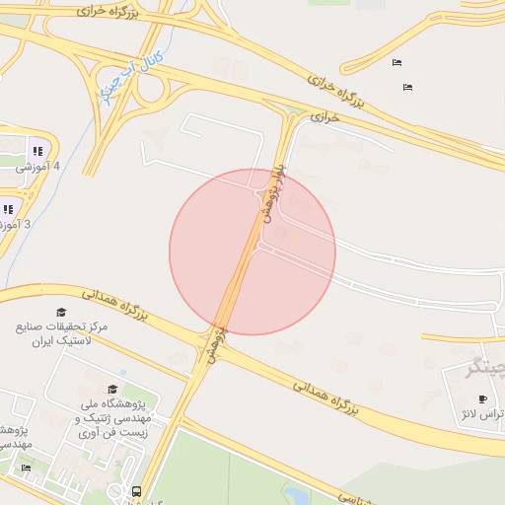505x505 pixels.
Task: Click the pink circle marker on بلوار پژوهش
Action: (252, 252)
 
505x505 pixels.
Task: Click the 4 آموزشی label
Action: (37, 167)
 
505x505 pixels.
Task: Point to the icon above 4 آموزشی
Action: (36, 151)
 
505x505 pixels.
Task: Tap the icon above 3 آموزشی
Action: (8, 208)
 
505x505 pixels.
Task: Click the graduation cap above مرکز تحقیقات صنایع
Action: (62, 312)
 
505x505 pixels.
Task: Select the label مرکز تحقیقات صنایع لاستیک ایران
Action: (62, 332)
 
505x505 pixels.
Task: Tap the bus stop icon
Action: (136, 490)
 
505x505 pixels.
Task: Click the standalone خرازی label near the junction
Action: (325, 116)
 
